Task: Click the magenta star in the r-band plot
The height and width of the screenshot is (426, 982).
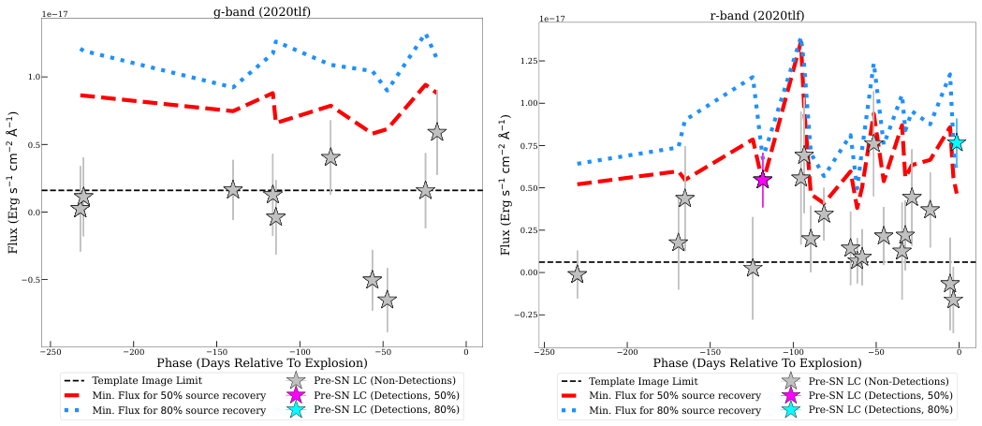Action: (x=763, y=179)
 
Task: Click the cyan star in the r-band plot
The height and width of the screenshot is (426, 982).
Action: (x=956, y=142)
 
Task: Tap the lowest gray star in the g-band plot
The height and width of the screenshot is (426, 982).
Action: (x=388, y=300)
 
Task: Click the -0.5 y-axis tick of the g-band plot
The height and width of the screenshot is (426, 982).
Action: (x=27, y=280)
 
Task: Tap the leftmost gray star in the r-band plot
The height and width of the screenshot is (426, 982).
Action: (x=578, y=273)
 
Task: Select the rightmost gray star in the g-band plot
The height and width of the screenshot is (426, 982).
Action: (x=437, y=133)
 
